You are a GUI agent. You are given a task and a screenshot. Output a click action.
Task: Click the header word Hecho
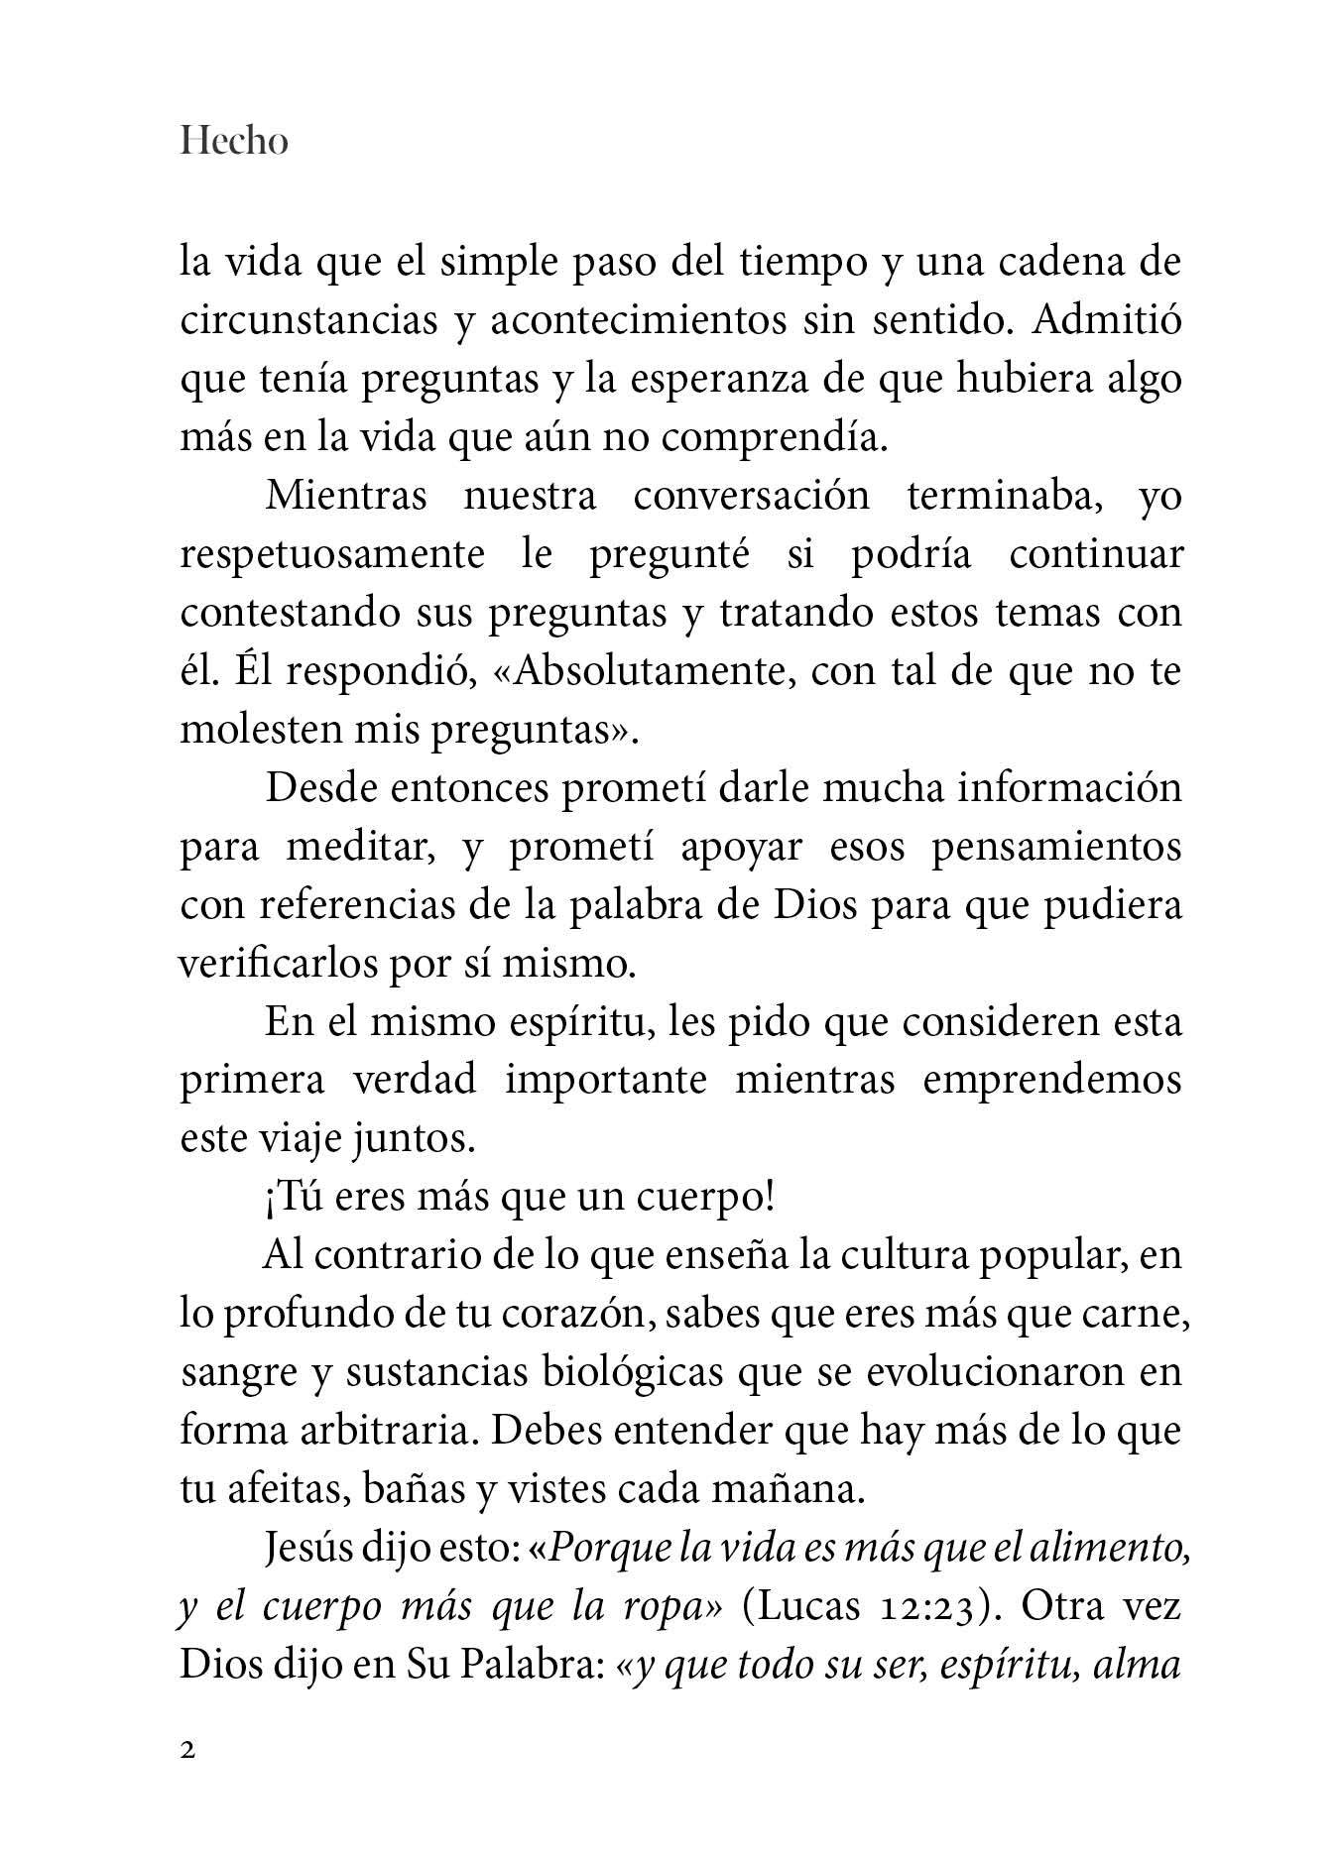234,142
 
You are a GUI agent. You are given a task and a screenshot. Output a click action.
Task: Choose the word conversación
751,496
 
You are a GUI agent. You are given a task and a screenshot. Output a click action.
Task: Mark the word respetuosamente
332,554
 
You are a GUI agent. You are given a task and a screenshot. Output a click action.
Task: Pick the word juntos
415,1138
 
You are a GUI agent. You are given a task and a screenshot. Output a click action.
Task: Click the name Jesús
309,1549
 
